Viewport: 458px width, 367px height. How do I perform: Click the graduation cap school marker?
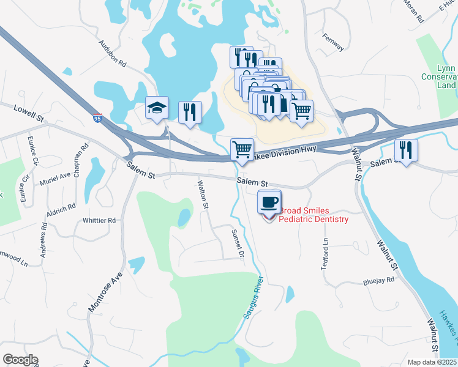[157, 108]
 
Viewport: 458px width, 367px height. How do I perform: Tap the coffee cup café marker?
[269, 202]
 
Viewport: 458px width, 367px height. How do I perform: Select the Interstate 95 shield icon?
[98, 117]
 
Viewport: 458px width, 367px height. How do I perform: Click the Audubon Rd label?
[112, 54]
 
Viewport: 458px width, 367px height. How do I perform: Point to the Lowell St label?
[29, 111]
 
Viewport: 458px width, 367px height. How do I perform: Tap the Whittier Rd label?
[99, 220]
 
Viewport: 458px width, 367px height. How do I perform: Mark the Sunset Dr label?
[238, 243]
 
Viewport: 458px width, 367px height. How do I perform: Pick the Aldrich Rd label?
[61, 210]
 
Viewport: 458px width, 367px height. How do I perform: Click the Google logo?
[20, 360]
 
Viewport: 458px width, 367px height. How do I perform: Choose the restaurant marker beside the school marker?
[190, 113]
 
